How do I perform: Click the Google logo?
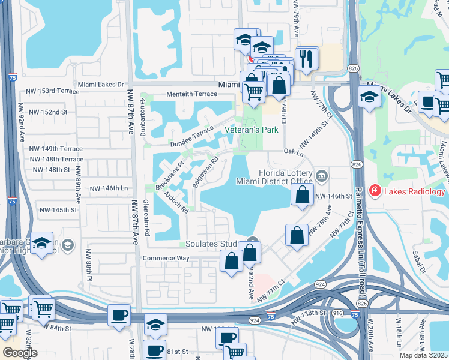pos(20,353)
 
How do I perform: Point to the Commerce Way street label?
pos(166,258)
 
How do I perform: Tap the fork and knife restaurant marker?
pos(307,59)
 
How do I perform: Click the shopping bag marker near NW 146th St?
pos(303,194)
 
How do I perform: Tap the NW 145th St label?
pos(58,210)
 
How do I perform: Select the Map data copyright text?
pos(424,355)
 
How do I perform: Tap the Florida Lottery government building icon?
pos(322,175)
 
